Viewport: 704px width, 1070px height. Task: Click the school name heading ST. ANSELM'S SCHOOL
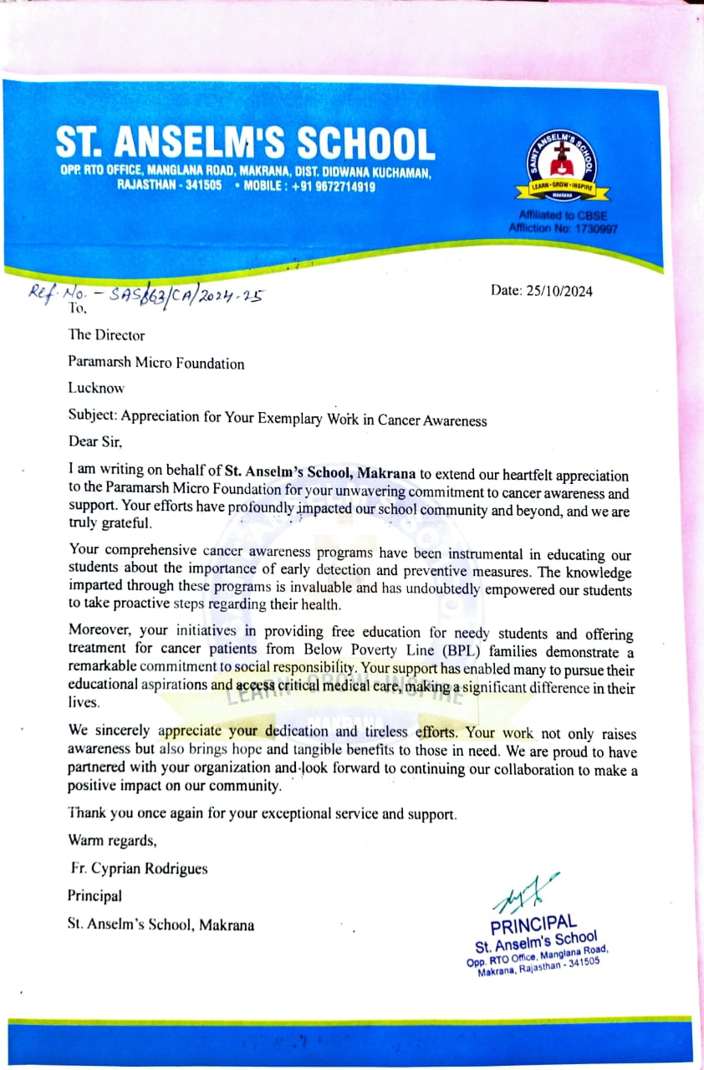coord(245,143)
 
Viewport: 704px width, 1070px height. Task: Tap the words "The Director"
coord(106,335)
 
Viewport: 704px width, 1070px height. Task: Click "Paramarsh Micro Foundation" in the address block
coord(156,364)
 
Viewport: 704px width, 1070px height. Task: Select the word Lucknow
coord(95,388)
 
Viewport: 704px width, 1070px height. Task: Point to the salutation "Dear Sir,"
coord(94,440)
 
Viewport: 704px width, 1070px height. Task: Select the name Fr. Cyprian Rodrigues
coord(140,869)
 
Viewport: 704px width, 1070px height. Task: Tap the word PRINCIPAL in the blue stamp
coord(533,925)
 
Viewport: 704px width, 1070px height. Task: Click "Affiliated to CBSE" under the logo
coord(562,216)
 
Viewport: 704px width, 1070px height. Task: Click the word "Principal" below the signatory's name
coord(94,896)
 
